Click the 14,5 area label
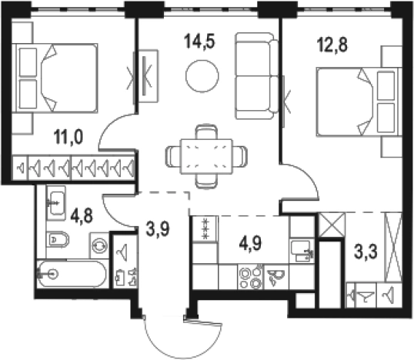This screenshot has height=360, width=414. tap(200, 42)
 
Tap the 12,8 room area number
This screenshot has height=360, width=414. tap(332, 45)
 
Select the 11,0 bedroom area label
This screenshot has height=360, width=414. tap(68, 138)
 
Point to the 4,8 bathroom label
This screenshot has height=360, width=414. tap(82, 216)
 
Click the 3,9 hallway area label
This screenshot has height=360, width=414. tap(158, 228)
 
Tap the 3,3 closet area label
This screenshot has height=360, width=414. tap(366, 252)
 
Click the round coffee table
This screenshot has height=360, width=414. tap(202, 76)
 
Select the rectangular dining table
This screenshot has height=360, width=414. tap(206, 156)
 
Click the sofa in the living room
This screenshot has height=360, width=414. tap(257, 76)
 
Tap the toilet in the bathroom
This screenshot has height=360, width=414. tap(58, 240)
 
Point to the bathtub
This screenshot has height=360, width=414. tap(72, 274)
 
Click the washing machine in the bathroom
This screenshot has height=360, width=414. tap(99, 245)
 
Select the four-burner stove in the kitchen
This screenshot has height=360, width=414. tap(250, 276)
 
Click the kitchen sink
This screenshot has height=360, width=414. tap(302, 251)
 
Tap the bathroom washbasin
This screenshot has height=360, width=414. tap(55, 203)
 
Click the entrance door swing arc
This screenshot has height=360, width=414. tap(182, 348)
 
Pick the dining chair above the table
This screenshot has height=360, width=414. tap(206, 132)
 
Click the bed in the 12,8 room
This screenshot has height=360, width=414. tap(359, 102)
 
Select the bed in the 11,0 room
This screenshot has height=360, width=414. tap(55, 78)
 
